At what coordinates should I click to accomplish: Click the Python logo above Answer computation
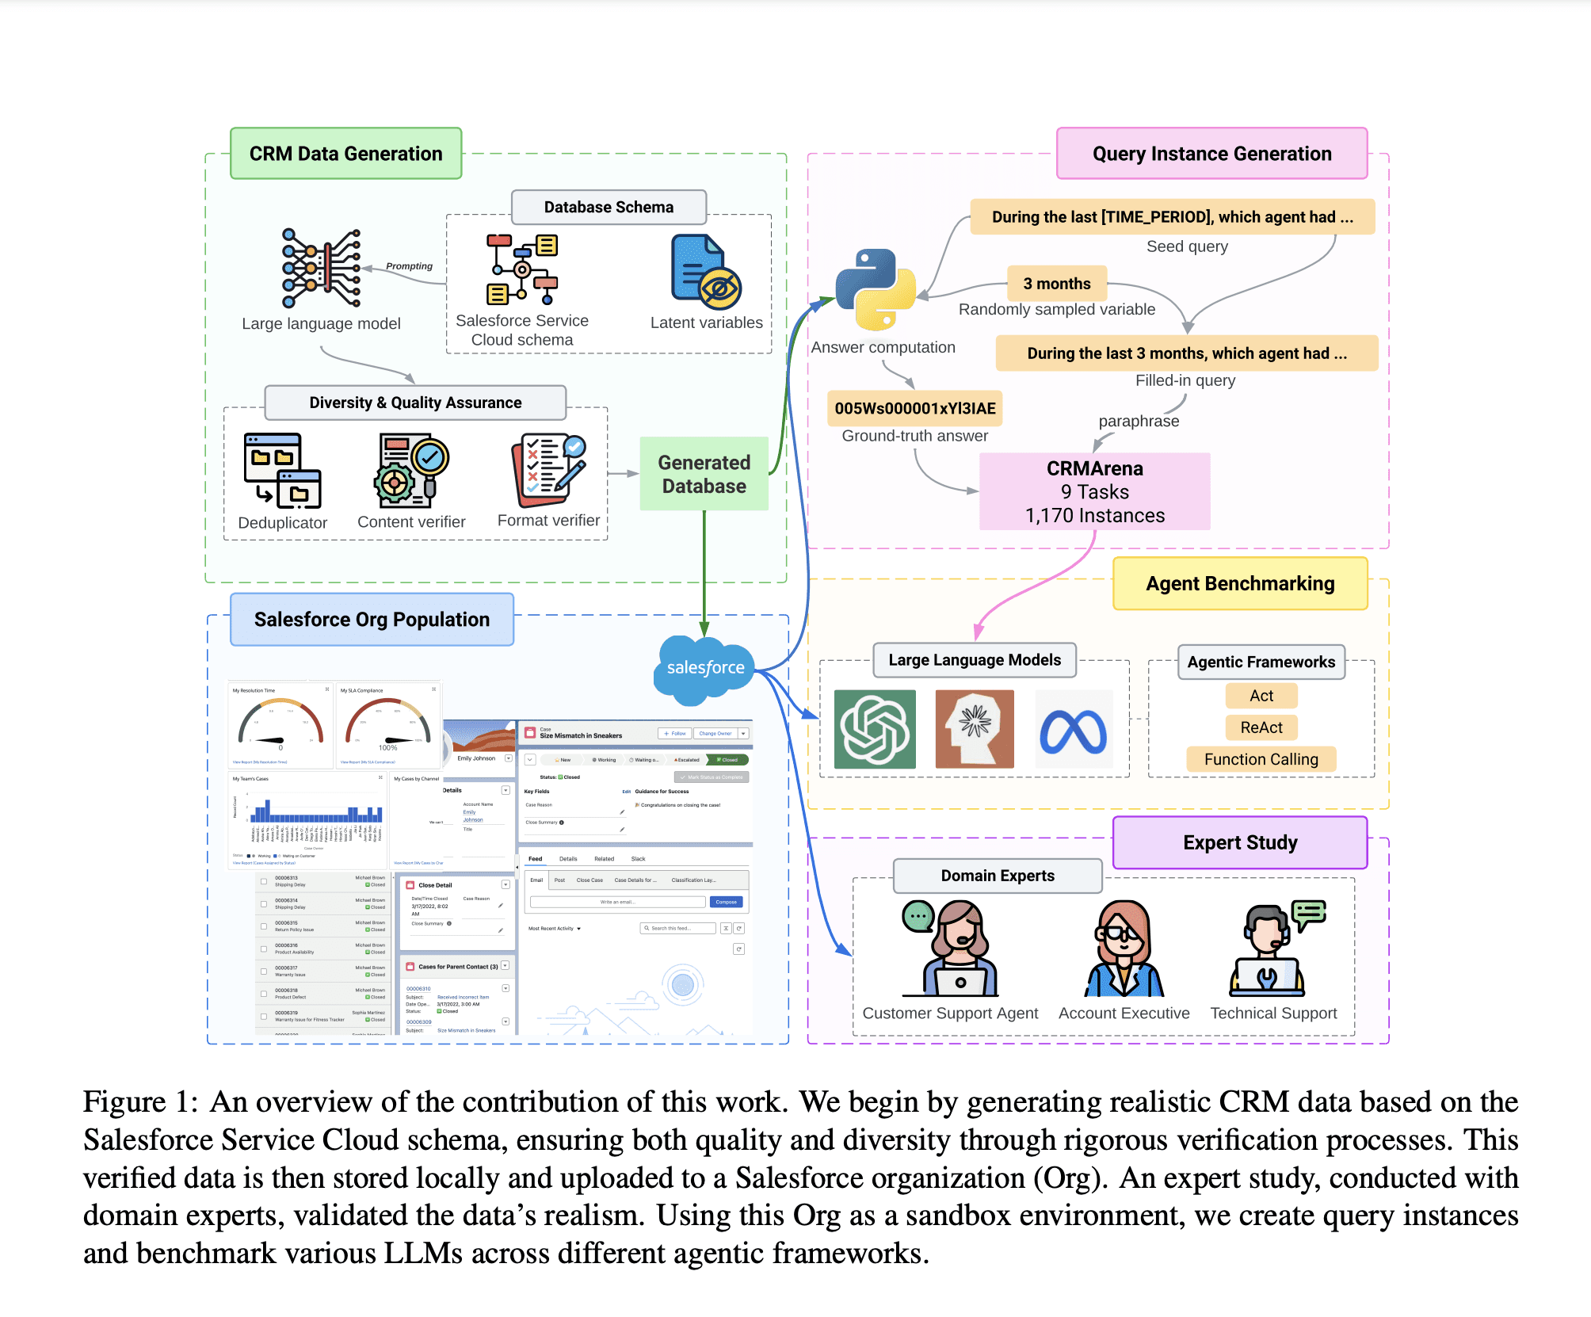coord(876,289)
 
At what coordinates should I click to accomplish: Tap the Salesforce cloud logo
coord(704,669)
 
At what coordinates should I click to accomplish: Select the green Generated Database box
coord(704,474)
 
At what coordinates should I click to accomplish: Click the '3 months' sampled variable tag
coord(1056,284)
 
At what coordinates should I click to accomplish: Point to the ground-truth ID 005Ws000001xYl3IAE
coord(914,408)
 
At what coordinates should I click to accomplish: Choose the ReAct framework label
coord(1261,727)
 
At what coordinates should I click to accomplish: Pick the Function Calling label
coord(1261,759)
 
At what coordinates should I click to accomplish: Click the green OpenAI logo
coord(875,729)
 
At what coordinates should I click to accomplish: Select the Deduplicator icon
coord(282,471)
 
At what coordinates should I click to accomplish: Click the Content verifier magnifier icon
coord(412,470)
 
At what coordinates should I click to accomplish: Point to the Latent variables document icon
coord(705,272)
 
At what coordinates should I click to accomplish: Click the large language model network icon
coord(321,268)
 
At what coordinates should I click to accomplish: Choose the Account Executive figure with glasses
coord(1124,949)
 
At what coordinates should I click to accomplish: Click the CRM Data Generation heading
coord(345,154)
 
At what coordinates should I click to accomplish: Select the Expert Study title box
coord(1240,842)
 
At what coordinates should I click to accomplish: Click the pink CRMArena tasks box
coord(1094,491)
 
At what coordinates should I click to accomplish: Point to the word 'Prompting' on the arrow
coord(409,266)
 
